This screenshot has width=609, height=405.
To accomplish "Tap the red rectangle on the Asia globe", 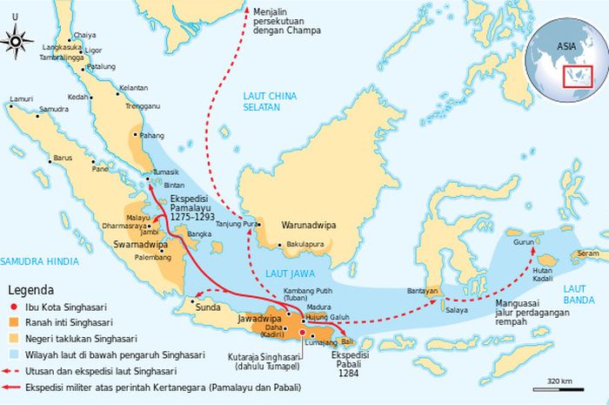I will tap(574, 77).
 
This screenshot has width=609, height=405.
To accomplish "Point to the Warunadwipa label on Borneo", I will tap(308, 225).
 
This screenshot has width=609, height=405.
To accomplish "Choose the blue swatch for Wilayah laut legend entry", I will tap(14, 355).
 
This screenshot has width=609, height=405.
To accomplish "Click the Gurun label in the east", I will tap(523, 244).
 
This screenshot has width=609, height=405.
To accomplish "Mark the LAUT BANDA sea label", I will tap(578, 295).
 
